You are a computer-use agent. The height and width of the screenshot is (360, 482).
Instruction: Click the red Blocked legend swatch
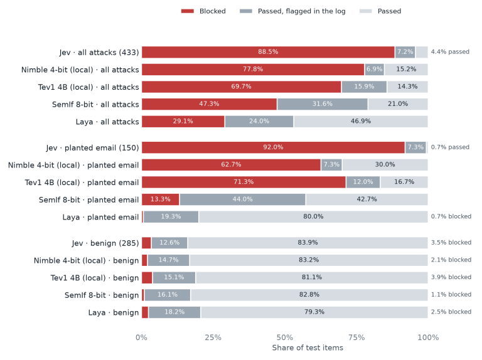click(187, 11)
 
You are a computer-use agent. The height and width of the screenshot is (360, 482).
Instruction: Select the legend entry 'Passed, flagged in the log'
click(292, 11)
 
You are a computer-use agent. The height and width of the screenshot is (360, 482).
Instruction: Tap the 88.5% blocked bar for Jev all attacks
click(268, 52)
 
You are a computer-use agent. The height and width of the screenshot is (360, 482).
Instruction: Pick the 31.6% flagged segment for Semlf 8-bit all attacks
click(322, 104)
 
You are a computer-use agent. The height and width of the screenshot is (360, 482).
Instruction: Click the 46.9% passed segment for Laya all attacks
click(361, 121)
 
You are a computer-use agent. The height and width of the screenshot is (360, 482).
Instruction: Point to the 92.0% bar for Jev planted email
click(273, 147)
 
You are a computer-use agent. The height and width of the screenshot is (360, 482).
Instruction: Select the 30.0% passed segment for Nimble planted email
click(385, 165)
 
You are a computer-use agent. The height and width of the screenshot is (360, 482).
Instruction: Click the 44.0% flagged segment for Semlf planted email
click(242, 199)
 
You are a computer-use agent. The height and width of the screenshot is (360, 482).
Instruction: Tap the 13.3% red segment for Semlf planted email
click(161, 199)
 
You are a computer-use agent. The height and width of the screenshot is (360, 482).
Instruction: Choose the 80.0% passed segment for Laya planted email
click(313, 216)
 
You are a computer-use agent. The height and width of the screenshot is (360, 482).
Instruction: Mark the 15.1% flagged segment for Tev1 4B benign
click(174, 277)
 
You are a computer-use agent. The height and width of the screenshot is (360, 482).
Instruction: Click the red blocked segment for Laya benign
click(145, 312)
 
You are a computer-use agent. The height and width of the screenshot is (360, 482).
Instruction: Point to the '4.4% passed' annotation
click(450, 51)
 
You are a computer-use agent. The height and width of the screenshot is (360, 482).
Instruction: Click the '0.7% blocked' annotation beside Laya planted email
click(451, 216)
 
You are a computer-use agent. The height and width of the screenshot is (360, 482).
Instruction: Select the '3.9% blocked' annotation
click(451, 277)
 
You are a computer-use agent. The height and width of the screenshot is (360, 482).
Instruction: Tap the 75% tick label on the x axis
click(356, 337)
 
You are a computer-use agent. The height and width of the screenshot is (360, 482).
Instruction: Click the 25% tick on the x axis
click(213, 337)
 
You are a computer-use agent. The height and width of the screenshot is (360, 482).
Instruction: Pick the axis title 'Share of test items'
click(308, 347)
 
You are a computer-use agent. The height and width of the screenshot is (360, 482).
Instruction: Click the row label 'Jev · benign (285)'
click(105, 243)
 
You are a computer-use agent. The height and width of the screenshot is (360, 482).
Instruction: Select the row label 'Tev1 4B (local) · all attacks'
click(88, 87)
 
